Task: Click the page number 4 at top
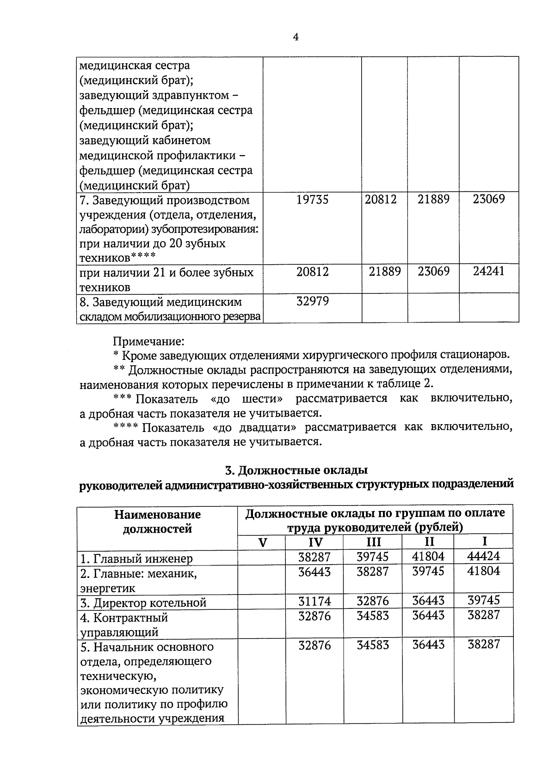[296, 37]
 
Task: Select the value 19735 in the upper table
[312, 200]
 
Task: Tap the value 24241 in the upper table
[489, 271]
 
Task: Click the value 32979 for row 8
[312, 302]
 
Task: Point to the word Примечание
[148, 341]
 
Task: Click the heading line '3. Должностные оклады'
[296, 470]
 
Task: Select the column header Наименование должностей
[157, 521]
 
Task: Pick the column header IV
[315, 542]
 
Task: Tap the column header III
[373, 542]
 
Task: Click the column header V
[262, 542]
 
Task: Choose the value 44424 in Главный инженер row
[484, 556]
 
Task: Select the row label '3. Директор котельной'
[143, 603]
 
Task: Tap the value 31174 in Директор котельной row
[314, 601]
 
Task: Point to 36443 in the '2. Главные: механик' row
[314, 572]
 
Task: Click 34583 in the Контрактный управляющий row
[373, 616]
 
